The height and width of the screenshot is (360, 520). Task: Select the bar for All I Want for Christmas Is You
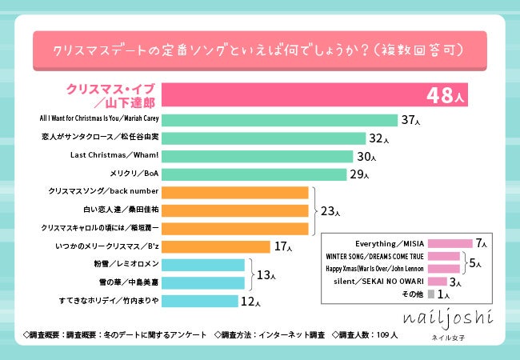pos(279,120)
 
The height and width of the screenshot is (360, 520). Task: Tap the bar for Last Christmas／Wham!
pos(257,156)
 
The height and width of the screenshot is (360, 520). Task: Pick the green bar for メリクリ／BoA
pos(253,174)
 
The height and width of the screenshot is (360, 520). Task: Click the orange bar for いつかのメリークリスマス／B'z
pos(216,246)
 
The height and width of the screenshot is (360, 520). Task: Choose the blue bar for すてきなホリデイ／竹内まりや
pos(200,301)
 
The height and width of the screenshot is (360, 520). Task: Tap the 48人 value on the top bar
pos(444,94)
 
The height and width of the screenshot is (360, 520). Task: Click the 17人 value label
pos(284,247)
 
